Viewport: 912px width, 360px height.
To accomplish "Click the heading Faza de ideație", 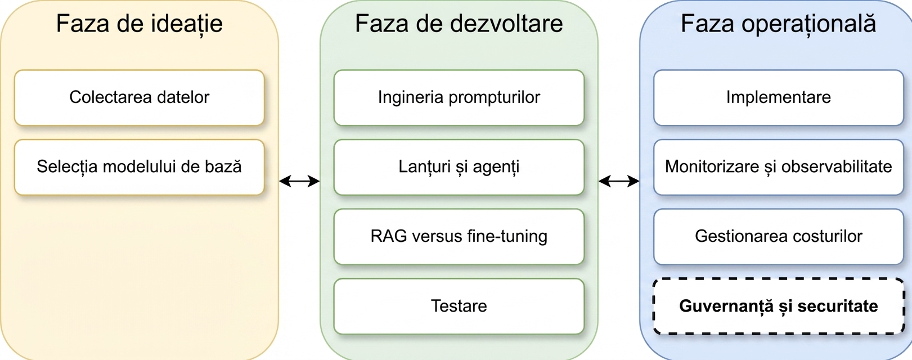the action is click(x=139, y=24).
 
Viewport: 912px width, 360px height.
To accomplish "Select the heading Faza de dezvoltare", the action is click(x=459, y=23).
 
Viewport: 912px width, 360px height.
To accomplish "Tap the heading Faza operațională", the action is click(x=778, y=24).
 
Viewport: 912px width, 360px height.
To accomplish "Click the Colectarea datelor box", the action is click(x=139, y=98).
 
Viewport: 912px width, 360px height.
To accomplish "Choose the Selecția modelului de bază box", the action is click(x=139, y=168).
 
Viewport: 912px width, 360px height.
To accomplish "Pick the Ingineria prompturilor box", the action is click(x=459, y=98).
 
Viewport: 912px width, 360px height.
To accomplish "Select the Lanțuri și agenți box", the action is click(x=459, y=168).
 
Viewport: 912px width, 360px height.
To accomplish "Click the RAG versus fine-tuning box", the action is click(x=459, y=237).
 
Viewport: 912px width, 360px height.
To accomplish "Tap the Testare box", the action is click(x=459, y=306).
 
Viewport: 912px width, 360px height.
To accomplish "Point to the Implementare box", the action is click(x=779, y=98).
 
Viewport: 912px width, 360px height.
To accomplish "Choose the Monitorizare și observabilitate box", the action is click(x=779, y=168).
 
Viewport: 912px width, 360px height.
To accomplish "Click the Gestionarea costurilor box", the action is click(x=779, y=237).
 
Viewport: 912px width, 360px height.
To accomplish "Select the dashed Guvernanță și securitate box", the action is click(x=779, y=306).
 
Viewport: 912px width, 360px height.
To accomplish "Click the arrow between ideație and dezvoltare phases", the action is click(x=299, y=181).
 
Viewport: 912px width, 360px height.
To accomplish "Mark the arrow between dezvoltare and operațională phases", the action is click(x=619, y=181).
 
